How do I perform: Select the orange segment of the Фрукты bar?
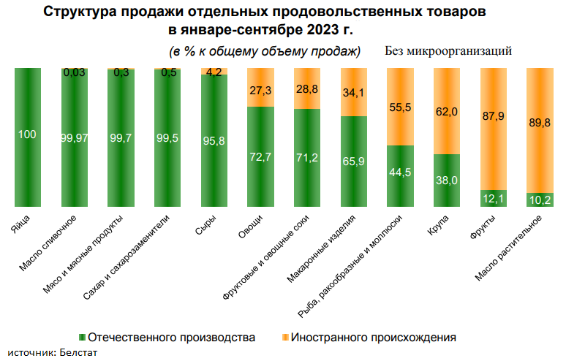tap(494, 128)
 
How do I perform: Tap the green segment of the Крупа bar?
tap(446, 180)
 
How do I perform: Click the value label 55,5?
tap(400, 107)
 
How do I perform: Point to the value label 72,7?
tap(260, 156)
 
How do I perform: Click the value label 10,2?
tap(540, 199)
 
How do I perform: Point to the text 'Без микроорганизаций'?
tap(448, 51)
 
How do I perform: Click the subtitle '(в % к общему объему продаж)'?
tap(265, 51)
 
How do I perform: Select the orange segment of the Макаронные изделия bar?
tap(353, 91)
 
